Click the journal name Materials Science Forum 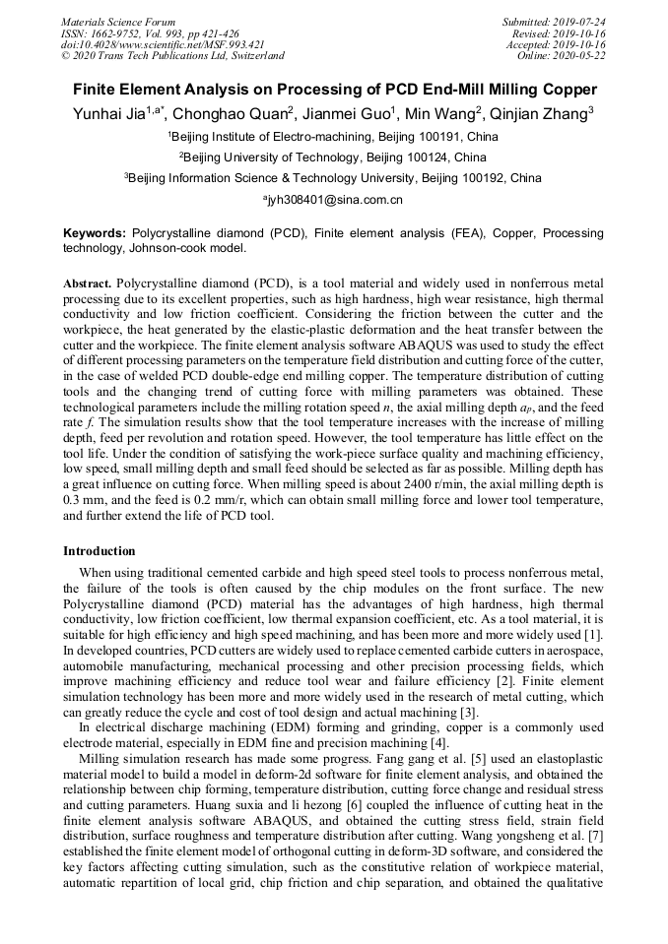(x=118, y=22)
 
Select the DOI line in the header (x=163, y=44)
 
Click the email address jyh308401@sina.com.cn (x=334, y=200)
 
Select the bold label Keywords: (x=95, y=233)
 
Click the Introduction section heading (x=100, y=550)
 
